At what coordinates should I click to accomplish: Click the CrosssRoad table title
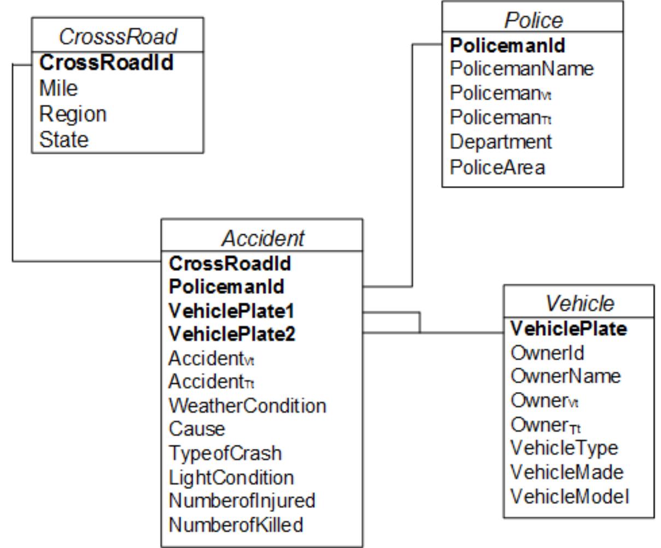[x=118, y=37]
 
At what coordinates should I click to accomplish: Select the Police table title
[x=533, y=20]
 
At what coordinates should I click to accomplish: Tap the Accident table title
[x=262, y=238]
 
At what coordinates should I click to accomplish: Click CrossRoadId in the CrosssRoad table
[x=106, y=63]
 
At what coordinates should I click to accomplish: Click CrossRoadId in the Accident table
[x=230, y=263]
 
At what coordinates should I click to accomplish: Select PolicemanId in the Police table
[x=507, y=45]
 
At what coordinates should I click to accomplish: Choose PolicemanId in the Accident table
[x=226, y=286]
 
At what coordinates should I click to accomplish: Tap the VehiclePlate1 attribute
[x=232, y=310]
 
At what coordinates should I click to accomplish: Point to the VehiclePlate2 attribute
[x=232, y=333]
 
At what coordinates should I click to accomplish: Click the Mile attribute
[x=59, y=88]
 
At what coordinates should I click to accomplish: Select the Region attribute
[x=73, y=114]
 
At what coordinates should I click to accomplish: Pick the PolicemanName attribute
[x=521, y=69]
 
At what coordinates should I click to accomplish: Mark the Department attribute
[x=501, y=141]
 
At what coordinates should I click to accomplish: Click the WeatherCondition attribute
[x=247, y=406]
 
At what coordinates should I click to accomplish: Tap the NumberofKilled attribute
[x=236, y=524]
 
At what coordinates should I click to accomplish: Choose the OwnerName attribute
[x=565, y=376]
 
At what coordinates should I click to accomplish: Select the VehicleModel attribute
[x=570, y=496]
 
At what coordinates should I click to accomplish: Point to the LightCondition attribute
[x=231, y=477]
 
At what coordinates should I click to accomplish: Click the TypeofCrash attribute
[x=225, y=453]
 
